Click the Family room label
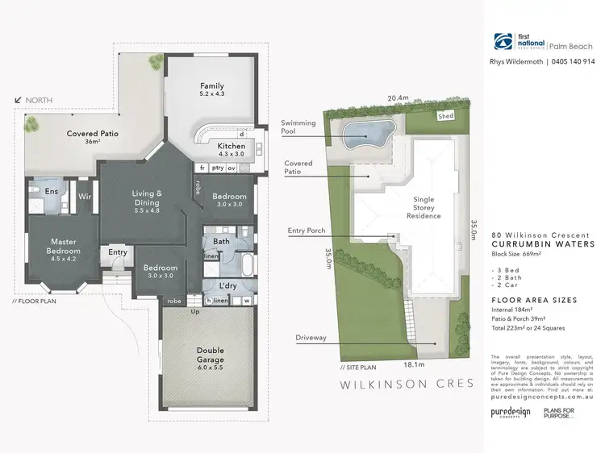[x=212, y=86]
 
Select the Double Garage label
[x=210, y=355]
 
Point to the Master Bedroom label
[x=63, y=246]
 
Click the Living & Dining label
[x=148, y=198]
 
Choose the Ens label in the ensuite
[x=51, y=191]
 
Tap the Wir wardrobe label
[x=84, y=196]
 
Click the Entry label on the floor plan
[x=118, y=252]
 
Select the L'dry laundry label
[x=226, y=286]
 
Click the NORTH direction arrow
[x=19, y=101]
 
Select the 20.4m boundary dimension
[x=398, y=98]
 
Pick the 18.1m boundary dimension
[x=393, y=364]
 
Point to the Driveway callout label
[x=311, y=338]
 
